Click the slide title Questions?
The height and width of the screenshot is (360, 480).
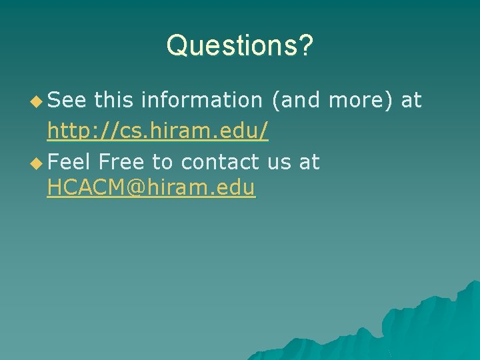239,45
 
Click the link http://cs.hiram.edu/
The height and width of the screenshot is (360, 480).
158,131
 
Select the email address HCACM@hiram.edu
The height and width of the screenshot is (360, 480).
151,189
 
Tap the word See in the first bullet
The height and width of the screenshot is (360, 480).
67,101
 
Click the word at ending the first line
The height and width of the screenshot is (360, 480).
411,101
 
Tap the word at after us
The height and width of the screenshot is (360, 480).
309,162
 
